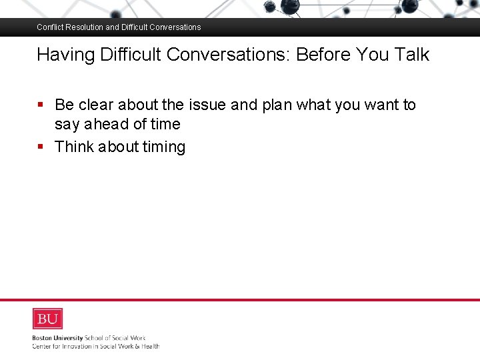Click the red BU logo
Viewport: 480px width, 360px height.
pos(47,319)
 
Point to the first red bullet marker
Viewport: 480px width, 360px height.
pos(41,105)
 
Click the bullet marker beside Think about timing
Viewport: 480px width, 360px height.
pos(41,147)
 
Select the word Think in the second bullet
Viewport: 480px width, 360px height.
pos(74,147)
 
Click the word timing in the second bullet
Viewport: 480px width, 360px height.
pos(164,147)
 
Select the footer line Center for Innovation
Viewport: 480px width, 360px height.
pos(95,346)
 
